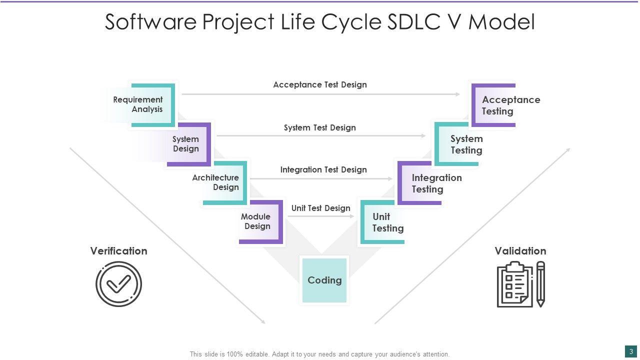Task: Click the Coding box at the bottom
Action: (x=324, y=280)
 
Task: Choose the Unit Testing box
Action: (x=383, y=222)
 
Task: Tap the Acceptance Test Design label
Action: (x=320, y=85)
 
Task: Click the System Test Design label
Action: (x=320, y=128)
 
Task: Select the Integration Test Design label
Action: (x=323, y=170)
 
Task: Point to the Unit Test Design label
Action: (x=321, y=208)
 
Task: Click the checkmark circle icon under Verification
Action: (x=119, y=284)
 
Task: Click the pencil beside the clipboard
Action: (x=540, y=284)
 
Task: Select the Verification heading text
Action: (x=119, y=251)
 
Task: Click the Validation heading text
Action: (x=520, y=251)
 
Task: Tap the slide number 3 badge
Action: (x=631, y=351)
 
